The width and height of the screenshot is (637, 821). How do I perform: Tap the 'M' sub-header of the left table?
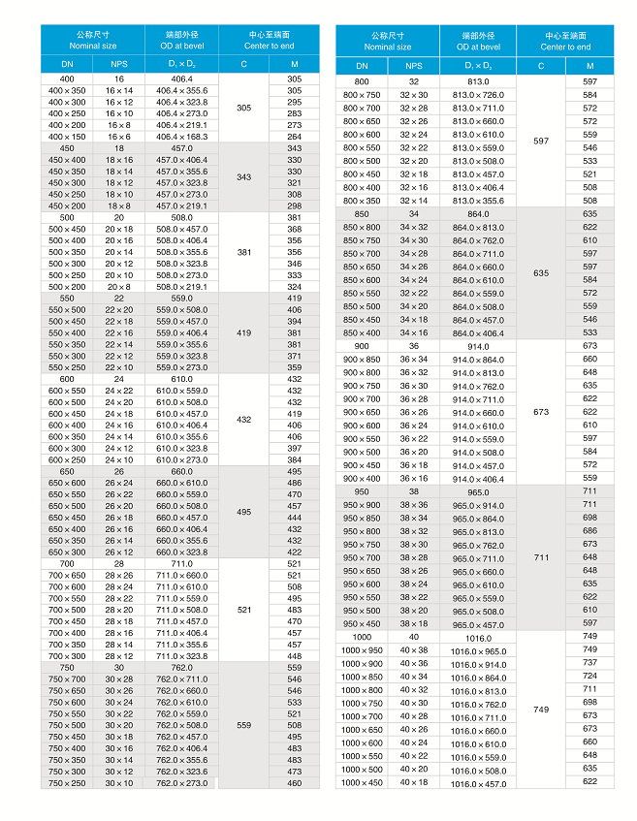point(294,65)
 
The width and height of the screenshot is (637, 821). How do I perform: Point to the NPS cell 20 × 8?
point(119,286)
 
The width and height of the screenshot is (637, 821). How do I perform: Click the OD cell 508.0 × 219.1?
point(182,286)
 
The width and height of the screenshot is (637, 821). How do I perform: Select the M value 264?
point(294,137)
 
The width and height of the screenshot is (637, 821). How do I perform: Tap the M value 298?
point(294,205)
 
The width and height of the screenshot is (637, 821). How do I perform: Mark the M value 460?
point(294,782)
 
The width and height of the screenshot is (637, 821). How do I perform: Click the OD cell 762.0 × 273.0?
point(182,782)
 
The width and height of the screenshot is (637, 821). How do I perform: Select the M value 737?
point(589,663)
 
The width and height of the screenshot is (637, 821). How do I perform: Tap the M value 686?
point(589,530)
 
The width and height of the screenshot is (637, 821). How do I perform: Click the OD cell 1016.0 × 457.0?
point(479,783)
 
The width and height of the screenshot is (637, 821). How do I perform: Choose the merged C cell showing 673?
point(540,412)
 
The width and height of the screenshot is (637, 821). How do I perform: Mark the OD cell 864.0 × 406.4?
point(479,333)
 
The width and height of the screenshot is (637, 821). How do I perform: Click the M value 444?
point(294,518)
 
